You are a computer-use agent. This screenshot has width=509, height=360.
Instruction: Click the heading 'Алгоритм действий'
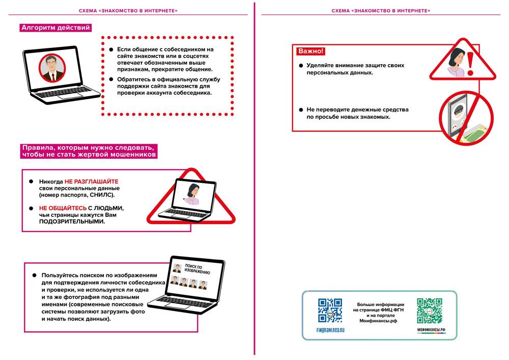(x=55, y=27)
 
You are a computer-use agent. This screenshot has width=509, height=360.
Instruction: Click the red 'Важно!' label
(x=310, y=51)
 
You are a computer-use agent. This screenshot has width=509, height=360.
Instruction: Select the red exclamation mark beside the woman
(x=470, y=63)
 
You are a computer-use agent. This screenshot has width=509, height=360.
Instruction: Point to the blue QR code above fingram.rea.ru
(x=330, y=311)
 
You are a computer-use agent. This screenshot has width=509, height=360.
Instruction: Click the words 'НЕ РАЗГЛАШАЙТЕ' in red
(x=91, y=181)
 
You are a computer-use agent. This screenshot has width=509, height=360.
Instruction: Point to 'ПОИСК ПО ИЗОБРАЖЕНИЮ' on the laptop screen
(x=193, y=268)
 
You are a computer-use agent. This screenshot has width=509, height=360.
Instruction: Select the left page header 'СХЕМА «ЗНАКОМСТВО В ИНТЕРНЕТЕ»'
(x=128, y=10)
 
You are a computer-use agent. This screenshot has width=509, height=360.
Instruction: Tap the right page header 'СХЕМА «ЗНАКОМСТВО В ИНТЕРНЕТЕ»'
(x=381, y=10)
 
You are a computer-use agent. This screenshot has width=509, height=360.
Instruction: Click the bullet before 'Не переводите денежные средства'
(x=301, y=109)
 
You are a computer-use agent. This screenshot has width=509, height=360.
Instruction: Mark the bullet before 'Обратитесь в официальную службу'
(x=112, y=79)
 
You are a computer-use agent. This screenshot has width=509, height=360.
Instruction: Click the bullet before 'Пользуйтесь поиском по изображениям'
(x=36, y=275)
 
